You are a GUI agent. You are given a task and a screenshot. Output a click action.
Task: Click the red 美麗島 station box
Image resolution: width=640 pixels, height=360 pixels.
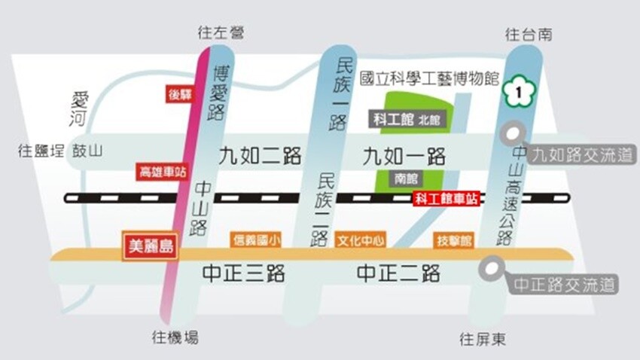pyautogui.click(x=151, y=246)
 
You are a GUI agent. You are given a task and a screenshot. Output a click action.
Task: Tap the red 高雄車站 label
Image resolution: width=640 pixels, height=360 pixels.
pyautogui.click(x=161, y=171)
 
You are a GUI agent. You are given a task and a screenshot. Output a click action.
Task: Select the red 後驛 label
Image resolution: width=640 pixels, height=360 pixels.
pyautogui.click(x=181, y=95)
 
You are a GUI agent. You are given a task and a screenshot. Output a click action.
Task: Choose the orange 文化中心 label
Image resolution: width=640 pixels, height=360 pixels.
pyautogui.click(x=361, y=240)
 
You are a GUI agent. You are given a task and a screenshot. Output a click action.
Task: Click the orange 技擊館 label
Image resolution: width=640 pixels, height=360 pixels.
pyautogui.click(x=455, y=240)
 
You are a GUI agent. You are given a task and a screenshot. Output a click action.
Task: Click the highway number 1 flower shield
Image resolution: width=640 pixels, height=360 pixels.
pyautogui.click(x=516, y=92)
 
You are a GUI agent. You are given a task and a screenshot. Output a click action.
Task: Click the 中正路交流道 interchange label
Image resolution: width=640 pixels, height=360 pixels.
pyautogui.click(x=565, y=285)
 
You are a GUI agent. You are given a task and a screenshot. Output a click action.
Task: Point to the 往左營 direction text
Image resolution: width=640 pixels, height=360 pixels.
pyautogui.click(x=221, y=33)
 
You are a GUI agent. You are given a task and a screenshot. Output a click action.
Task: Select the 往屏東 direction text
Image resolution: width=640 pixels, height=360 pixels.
pyautogui.click(x=483, y=340)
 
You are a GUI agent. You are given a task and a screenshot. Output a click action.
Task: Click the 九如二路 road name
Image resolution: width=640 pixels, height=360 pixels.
pyautogui.click(x=261, y=156)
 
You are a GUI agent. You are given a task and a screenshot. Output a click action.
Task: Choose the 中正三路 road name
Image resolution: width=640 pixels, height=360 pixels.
pyautogui.click(x=244, y=273)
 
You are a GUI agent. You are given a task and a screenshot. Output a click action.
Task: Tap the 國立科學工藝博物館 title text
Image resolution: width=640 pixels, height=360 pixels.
pyautogui.click(x=429, y=78)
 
